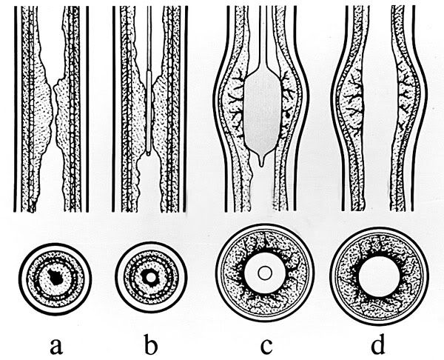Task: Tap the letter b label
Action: click(x=151, y=344)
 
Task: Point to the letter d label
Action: click(x=377, y=344)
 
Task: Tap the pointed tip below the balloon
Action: click(x=262, y=162)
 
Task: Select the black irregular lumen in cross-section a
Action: click(x=55, y=277)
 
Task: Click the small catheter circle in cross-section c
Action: click(x=266, y=273)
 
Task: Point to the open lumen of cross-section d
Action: click(x=380, y=276)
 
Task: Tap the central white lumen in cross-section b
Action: click(x=151, y=278)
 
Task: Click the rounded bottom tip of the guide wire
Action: click(x=149, y=154)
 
